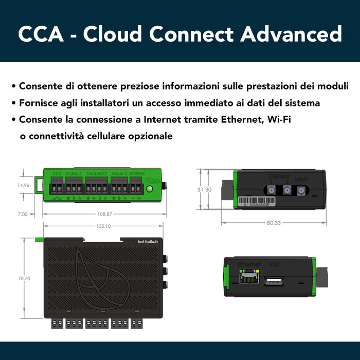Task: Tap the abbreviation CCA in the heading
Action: [x=41, y=34]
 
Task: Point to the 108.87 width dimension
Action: [x=104, y=214]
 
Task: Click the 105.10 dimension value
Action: [x=103, y=226]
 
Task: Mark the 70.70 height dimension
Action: [x=24, y=278]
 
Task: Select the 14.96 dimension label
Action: [x=24, y=185]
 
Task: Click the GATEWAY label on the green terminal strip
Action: [x=97, y=173]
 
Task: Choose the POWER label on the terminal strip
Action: [x=137, y=173]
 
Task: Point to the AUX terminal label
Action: [x=57, y=173]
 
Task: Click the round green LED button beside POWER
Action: [x=150, y=188]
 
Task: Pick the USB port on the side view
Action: [x=274, y=281]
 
